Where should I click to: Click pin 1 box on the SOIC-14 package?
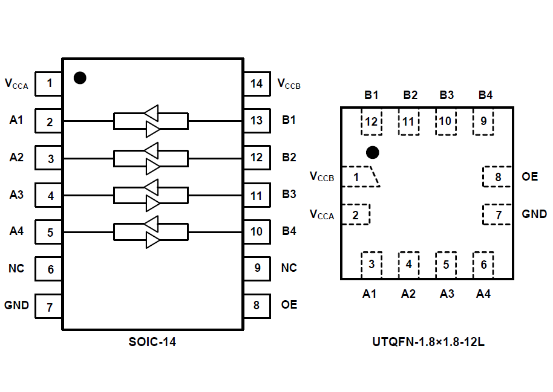(49, 83)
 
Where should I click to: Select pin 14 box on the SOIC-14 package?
(257, 83)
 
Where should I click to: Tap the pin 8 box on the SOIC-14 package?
(257, 305)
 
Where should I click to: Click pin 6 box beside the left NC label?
(49, 269)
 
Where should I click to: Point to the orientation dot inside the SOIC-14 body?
(80, 78)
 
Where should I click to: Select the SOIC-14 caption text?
(152, 342)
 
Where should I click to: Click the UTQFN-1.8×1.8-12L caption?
(428, 342)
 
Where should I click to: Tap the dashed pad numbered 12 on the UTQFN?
(371, 121)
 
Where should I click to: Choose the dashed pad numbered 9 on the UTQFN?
(483, 121)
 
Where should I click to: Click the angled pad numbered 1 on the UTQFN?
(359, 177)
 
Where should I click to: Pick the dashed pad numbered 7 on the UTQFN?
(497, 214)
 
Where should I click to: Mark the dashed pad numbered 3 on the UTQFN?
(371, 264)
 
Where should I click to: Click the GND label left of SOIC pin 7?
(17, 305)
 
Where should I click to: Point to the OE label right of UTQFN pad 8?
(529, 177)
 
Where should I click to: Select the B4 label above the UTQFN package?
(485, 95)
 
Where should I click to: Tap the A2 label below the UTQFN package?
(408, 294)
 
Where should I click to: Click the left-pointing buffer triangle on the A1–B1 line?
(151, 113)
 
